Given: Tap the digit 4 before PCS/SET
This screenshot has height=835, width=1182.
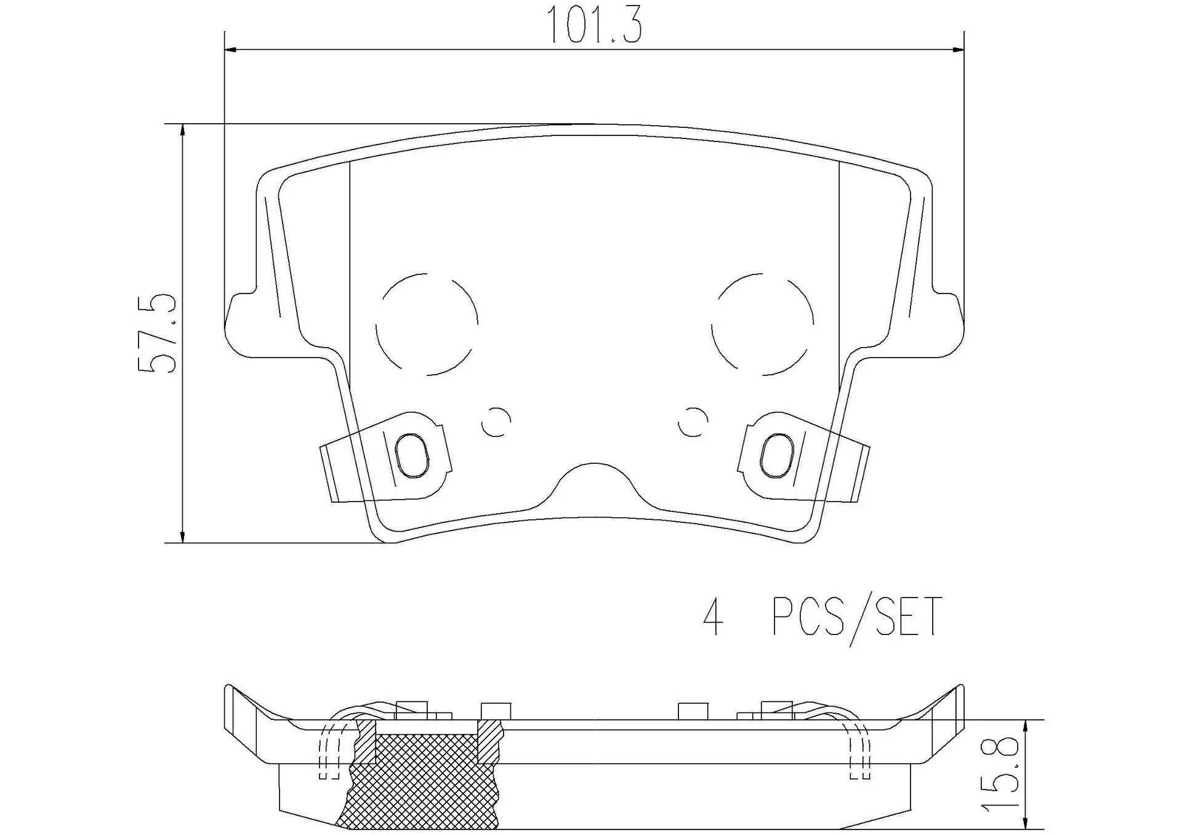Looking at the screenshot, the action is coord(713,617).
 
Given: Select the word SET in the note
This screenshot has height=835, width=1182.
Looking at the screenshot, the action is coord(909,617).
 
